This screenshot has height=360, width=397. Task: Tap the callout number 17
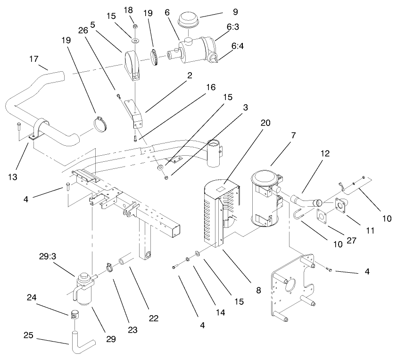pyautogui.click(x=33, y=60)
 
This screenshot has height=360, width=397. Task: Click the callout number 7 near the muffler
pyautogui.click(x=294, y=135)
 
